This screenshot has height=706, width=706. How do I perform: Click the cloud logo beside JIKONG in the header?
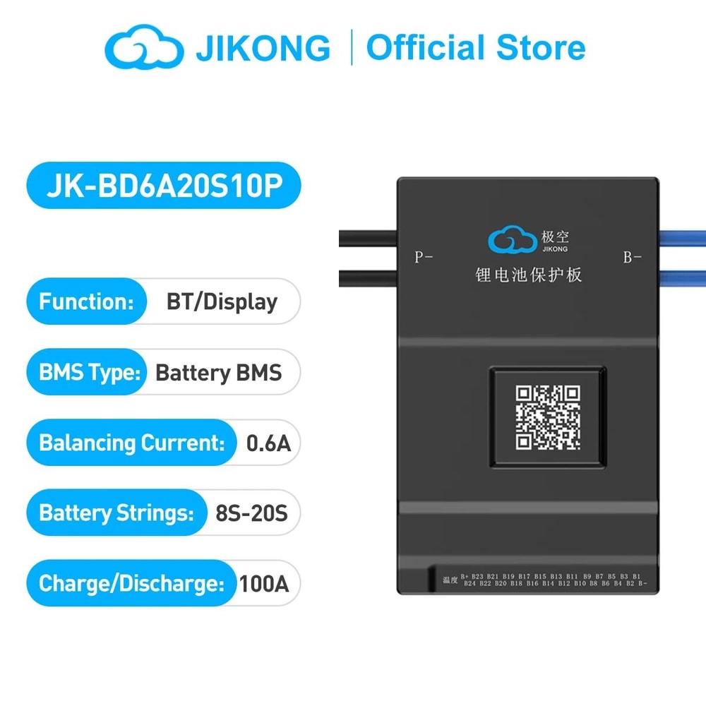[x=144, y=48]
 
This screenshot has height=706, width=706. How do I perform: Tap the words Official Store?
[x=475, y=48]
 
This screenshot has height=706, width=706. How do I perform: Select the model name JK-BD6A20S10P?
[x=163, y=186]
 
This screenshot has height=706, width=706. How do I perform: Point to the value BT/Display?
[x=222, y=301]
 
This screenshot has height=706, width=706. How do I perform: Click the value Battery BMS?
[x=218, y=372]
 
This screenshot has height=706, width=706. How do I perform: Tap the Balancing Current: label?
[x=131, y=443]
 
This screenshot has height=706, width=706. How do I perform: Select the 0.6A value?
[x=268, y=443]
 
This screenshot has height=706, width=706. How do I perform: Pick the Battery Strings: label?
[x=116, y=513]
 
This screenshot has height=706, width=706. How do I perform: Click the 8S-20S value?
[x=251, y=513]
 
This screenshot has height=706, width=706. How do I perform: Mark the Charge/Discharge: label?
[x=131, y=583]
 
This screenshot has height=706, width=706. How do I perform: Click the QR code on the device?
[x=547, y=417]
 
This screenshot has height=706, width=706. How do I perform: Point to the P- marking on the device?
[x=423, y=258]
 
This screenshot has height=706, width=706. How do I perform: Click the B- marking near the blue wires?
[x=632, y=258]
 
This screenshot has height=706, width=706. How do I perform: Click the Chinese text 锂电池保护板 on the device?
[x=529, y=274]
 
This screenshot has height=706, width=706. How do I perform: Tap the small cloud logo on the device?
[x=512, y=241]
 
